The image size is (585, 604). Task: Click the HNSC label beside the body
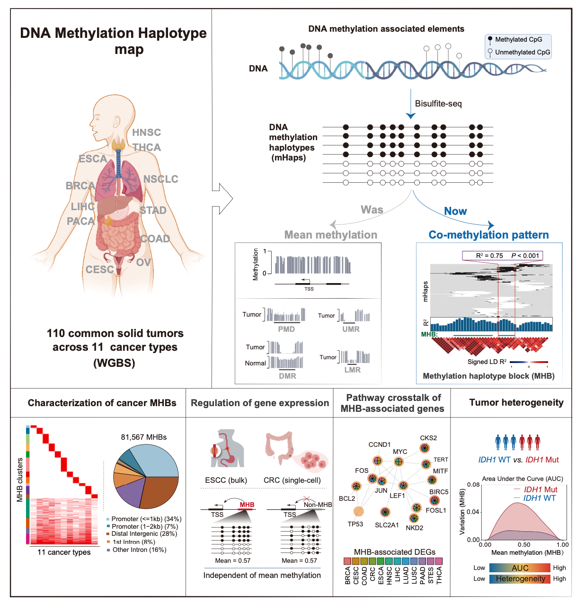click(146, 133)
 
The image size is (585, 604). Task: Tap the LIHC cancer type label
click(83, 206)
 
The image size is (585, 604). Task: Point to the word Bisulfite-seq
click(438, 104)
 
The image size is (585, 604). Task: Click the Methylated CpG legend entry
click(518, 40)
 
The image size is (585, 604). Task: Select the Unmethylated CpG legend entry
click(522, 52)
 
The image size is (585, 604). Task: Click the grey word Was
click(372, 210)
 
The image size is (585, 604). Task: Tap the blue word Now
click(455, 212)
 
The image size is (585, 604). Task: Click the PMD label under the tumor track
click(286, 329)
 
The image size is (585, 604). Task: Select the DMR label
click(287, 376)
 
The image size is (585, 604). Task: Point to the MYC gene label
click(400, 452)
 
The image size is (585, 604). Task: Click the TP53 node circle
click(358, 511)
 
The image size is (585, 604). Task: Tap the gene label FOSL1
click(435, 510)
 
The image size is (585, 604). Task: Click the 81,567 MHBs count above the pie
click(144, 437)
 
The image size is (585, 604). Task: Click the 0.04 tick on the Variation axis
click(473, 512)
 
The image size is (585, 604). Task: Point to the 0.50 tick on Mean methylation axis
click(524, 545)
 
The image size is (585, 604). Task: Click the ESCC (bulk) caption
click(226, 480)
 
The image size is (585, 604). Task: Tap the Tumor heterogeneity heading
click(516, 403)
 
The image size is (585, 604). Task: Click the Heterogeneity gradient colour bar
click(520, 578)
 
